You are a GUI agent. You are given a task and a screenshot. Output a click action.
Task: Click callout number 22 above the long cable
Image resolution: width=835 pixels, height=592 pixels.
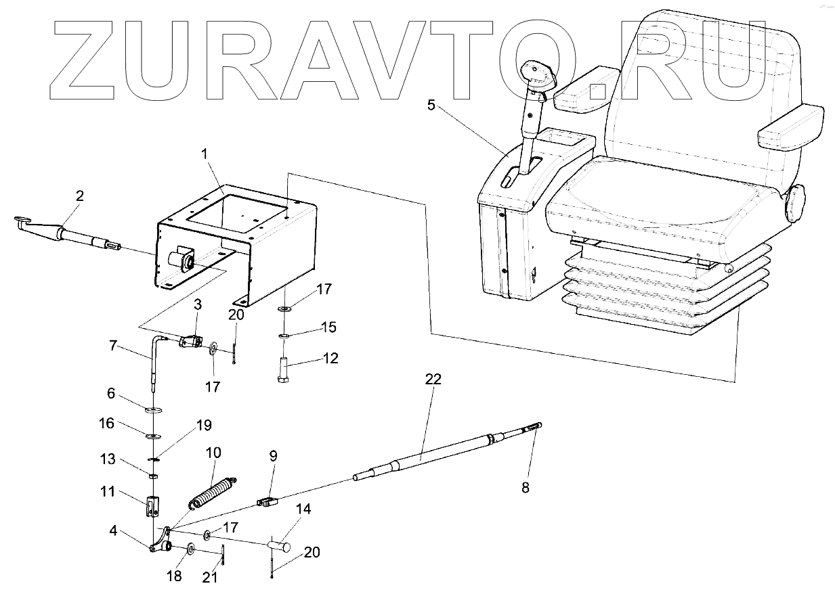click(x=433, y=379)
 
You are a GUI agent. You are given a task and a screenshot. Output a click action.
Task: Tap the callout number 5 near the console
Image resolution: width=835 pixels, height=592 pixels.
click(x=431, y=104)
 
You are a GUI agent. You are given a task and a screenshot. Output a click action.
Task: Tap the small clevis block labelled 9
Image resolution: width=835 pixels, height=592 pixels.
click(x=268, y=502)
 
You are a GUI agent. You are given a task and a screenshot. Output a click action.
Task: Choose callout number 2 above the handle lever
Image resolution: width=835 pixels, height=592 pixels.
click(x=80, y=196)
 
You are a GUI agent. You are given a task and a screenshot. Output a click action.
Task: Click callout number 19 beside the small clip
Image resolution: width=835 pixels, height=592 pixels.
click(x=204, y=426)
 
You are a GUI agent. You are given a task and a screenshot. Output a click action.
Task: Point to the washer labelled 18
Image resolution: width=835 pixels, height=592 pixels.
click(x=190, y=547)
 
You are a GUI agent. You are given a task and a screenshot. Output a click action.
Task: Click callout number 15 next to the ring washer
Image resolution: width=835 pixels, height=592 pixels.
click(x=328, y=327)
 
